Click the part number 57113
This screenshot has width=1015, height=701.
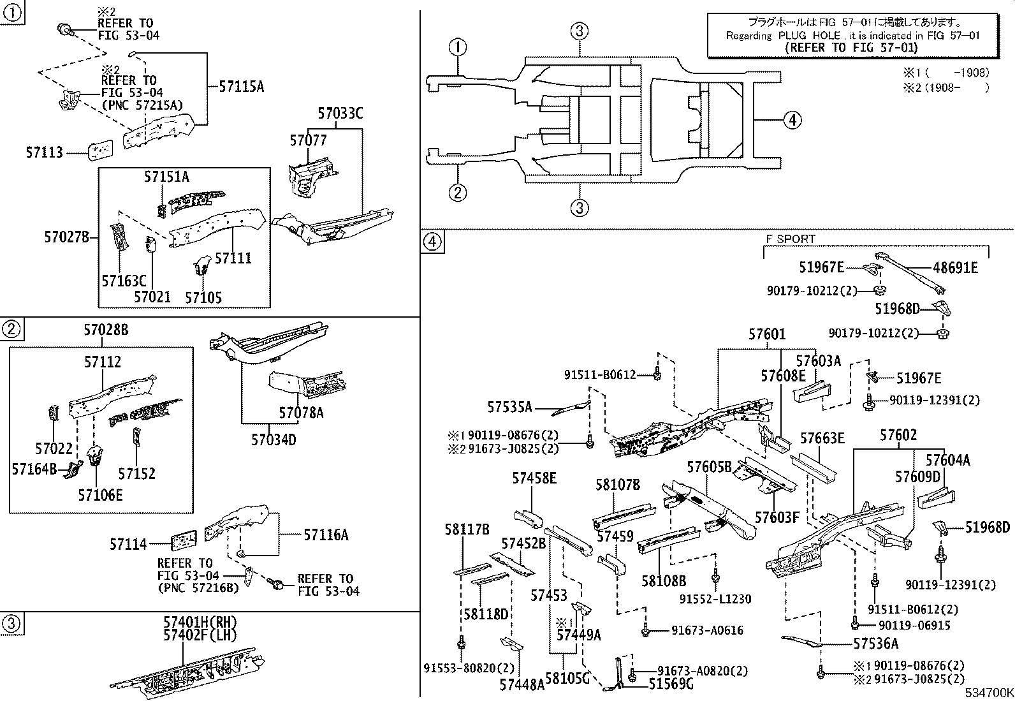(45, 152)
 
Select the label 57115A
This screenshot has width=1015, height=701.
(240, 87)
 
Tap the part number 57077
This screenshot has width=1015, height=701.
(308, 140)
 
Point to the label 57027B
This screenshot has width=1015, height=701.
(66, 237)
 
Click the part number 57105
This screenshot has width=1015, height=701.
(203, 297)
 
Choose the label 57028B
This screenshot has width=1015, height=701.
(106, 330)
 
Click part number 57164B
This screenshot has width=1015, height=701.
(34, 469)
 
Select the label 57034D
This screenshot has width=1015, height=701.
(274, 439)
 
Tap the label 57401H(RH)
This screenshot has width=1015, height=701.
(200, 622)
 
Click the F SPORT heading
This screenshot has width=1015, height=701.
(790, 239)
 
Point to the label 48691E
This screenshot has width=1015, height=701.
(954, 268)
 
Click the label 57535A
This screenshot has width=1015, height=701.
(509, 406)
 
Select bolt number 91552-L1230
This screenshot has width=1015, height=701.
(715, 599)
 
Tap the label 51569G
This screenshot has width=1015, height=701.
(671, 684)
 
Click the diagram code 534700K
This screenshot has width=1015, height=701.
(988, 693)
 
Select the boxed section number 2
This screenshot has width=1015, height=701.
(11, 329)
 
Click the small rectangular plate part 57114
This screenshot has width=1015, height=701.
(183, 542)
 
